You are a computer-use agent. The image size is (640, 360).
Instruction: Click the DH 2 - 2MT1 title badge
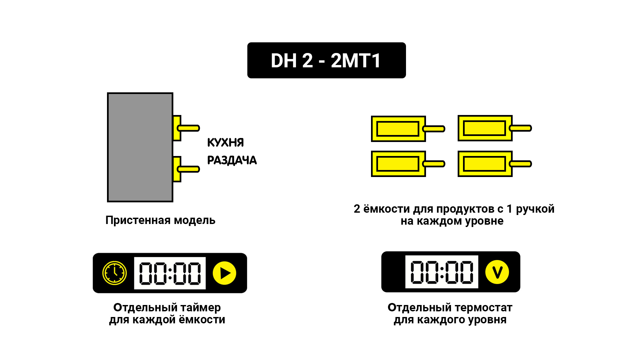coord(326,60)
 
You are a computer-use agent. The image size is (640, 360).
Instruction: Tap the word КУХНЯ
coord(225,143)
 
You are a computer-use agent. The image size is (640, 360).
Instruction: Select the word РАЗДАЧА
coord(232,160)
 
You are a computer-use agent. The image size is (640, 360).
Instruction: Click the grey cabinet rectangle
coord(140,147)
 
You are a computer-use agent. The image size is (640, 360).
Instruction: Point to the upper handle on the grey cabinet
coord(189,128)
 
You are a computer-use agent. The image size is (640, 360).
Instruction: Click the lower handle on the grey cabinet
coord(189,169)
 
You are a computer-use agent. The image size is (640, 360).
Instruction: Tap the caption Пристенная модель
coord(160,220)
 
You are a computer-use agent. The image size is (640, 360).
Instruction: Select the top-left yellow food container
coord(398,129)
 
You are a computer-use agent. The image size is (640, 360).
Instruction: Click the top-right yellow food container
coord(485,128)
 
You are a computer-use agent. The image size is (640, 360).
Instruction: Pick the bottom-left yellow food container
coord(398,164)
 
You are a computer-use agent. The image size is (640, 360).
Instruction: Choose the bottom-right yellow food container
coord(485,164)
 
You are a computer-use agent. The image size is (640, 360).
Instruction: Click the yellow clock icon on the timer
coord(114,273)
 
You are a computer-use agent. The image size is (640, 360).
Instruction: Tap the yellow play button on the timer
coord(225,273)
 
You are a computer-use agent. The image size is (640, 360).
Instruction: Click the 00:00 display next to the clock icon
coord(170,273)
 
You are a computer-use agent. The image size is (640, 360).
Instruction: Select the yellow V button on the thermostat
coord(497,272)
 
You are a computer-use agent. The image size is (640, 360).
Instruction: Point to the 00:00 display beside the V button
coord(442,272)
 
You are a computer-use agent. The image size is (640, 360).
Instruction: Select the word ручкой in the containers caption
coord(535,209)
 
